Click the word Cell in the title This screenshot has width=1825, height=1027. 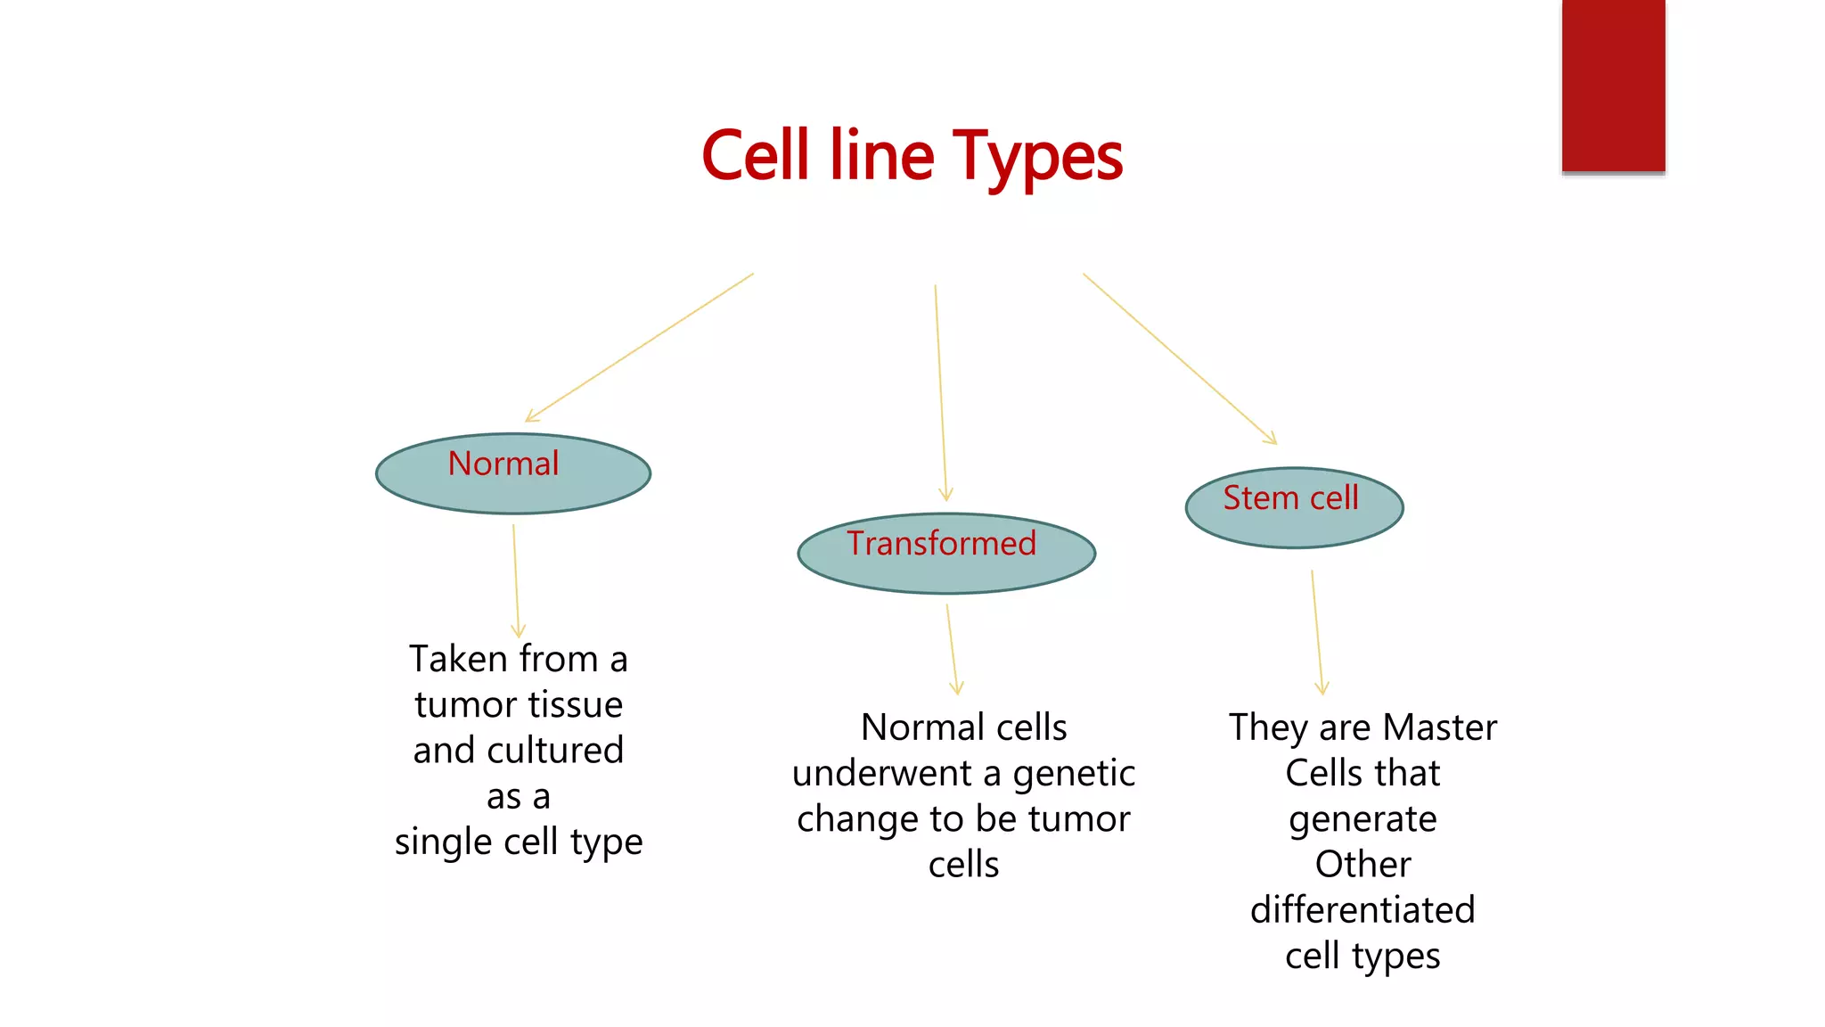[x=757, y=156]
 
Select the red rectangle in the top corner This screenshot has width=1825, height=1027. [x=1613, y=86]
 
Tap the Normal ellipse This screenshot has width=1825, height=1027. [x=513, y=474]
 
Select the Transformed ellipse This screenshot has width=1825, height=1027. [x=946, y=554]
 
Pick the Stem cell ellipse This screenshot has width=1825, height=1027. [x=1294, y=508]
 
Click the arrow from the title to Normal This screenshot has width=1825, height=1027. [x=640, y=348]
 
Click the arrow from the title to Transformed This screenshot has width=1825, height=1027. [x=940, y=392]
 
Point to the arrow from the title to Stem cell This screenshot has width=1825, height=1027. [x=1179, y=357]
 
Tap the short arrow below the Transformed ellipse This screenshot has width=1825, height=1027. [x=951, y=649]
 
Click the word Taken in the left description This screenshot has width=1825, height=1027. [x=458, y=660]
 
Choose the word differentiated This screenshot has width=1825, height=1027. [x=1363, y=910]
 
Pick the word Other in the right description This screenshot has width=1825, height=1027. [x=1363, y=865]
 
